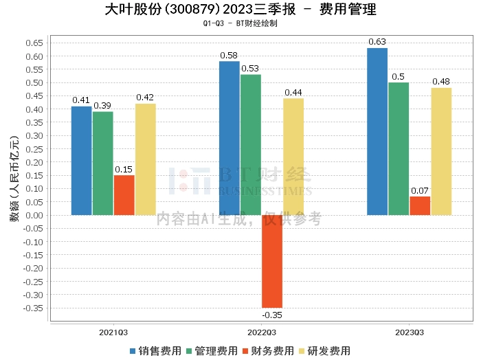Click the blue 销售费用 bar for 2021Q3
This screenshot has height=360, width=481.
tap(81, 161)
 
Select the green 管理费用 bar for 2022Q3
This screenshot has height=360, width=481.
tap(251, 145)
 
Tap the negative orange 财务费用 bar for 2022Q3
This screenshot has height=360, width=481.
tap(272, 261)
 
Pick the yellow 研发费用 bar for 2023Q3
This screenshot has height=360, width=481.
tap(441, 152)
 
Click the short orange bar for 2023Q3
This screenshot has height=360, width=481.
tap(420, 206)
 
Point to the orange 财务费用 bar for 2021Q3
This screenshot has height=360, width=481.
tap(124, 195)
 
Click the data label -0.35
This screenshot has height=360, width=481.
tap(272, 315)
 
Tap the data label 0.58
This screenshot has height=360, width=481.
tap(229, 55)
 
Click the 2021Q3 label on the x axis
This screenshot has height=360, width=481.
tap(113, 332)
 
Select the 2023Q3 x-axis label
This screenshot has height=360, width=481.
tap(410, 332)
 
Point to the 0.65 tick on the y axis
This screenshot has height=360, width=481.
tap(34, 43)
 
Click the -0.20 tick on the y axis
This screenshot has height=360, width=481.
tap(33, 268)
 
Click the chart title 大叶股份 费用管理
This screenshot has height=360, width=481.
tap(240, 10)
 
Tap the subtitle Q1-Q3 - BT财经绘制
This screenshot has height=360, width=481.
tap(240, 24)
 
